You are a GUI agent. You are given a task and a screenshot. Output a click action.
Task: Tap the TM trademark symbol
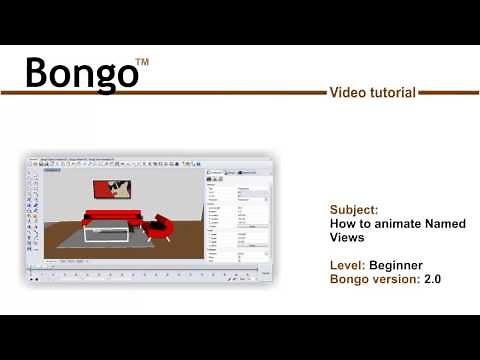(142, 63)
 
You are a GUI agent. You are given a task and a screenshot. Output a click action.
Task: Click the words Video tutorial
(372, 93)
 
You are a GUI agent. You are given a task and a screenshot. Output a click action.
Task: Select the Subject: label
(354, 211)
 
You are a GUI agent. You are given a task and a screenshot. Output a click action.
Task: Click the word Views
(347, 238)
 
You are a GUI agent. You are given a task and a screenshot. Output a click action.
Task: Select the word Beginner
(395, 265)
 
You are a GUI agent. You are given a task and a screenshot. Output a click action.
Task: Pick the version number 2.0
(432, 279)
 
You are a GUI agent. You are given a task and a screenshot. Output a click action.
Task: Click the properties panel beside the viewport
(238, 215)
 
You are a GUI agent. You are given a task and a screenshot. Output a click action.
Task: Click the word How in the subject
(343, 225)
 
